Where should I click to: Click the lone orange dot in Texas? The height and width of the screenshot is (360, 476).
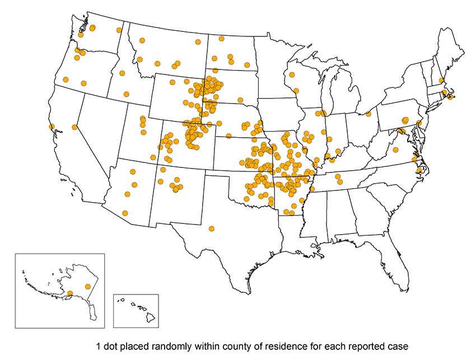(211, 228)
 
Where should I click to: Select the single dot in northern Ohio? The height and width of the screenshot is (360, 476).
(368, 114)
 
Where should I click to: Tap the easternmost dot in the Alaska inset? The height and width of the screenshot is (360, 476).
(87, 287)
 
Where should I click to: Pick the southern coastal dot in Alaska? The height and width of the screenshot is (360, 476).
(69, 293)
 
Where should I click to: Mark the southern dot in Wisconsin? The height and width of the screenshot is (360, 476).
(296, 91)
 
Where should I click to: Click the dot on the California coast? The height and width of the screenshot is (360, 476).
(52, 127)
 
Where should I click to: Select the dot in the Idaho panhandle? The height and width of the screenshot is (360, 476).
(119, 30)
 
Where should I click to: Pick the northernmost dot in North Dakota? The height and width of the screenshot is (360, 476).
(222, 39)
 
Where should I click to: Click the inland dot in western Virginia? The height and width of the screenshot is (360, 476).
(395, 150)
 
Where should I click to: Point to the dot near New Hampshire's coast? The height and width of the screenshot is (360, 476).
(442, 80)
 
